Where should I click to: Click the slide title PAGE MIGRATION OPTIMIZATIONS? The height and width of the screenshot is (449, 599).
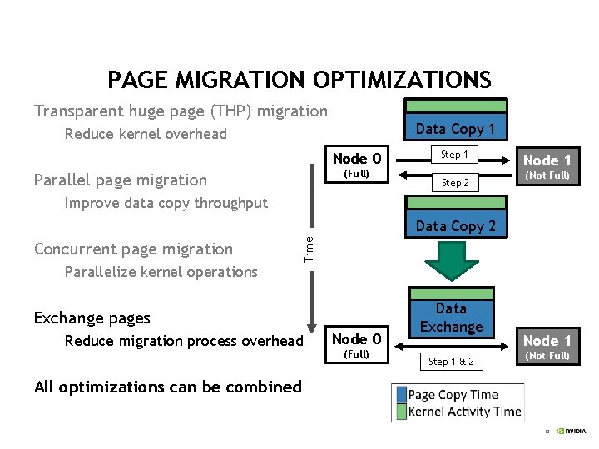(x=299, y=80)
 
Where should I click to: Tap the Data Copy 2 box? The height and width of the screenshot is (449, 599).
(x=455, y=219)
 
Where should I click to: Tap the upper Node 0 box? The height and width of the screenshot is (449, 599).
(x=357, y=165)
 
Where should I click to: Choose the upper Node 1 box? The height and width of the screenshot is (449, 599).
(x=547, y=165)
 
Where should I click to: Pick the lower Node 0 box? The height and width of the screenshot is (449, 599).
(x=357, y=345)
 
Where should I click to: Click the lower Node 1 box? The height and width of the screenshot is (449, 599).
(x=547, y=346)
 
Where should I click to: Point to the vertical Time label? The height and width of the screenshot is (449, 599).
(x=309, y=249)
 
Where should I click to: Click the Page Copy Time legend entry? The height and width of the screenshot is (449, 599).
(x=453, y=395)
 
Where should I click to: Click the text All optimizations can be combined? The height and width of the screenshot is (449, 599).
(x=167, y=387)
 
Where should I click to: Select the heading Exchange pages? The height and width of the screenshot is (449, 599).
(x=92, y=318)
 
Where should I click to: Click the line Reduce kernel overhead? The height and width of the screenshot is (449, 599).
(x=146, y=134)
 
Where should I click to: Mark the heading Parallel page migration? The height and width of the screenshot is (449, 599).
(x=120, y=180)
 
